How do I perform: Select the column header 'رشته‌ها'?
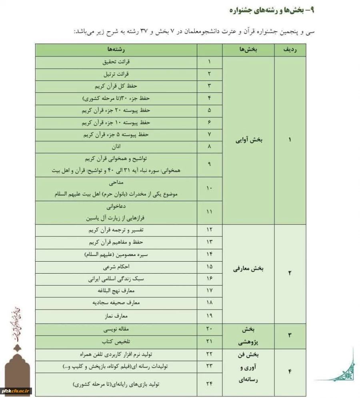117,50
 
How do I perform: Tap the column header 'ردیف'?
290,50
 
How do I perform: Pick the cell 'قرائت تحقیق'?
117,62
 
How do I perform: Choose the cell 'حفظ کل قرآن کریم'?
117,86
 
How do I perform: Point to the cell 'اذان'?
117,147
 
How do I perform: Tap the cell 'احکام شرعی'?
117,266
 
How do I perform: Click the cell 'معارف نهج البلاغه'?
117,290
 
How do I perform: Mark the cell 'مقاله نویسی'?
117,329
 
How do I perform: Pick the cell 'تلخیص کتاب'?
117,342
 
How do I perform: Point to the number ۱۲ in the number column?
209,230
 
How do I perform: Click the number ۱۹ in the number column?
209,316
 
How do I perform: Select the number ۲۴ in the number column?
209,384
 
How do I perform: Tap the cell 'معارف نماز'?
117,316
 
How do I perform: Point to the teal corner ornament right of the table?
344,368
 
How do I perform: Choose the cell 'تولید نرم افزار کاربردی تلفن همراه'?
117,354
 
